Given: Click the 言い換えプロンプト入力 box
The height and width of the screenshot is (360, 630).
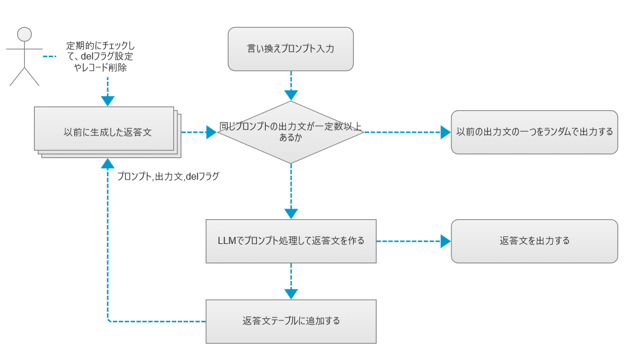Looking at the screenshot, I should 291,49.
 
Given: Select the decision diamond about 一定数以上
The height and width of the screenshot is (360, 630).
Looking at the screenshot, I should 291,132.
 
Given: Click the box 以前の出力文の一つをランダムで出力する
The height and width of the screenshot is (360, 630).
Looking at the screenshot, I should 535,132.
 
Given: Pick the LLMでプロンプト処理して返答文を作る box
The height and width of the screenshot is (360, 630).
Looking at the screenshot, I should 291,241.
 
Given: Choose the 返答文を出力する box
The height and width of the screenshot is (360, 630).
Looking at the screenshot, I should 535,241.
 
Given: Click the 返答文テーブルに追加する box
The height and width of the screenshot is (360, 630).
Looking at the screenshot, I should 291,321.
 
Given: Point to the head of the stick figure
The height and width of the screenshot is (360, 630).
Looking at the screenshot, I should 24,34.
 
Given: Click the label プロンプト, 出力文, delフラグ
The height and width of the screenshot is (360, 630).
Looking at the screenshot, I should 168,176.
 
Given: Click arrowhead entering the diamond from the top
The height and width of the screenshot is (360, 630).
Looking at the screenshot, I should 291,95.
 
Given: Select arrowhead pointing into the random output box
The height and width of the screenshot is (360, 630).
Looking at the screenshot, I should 446,132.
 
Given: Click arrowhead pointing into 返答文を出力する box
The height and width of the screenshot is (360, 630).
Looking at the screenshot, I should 446,241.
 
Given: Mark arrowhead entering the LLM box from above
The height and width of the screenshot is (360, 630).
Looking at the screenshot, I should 291,214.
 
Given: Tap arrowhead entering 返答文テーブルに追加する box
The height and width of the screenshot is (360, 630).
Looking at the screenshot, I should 291,294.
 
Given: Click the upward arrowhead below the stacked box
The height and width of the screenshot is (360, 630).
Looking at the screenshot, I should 107,164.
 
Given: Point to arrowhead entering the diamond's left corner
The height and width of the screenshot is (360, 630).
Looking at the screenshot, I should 211,132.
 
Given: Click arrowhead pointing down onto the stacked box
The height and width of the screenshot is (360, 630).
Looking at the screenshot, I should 107,101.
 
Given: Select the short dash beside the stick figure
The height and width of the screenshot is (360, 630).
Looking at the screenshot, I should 50,57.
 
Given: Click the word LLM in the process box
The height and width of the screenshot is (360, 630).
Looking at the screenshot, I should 227,241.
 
